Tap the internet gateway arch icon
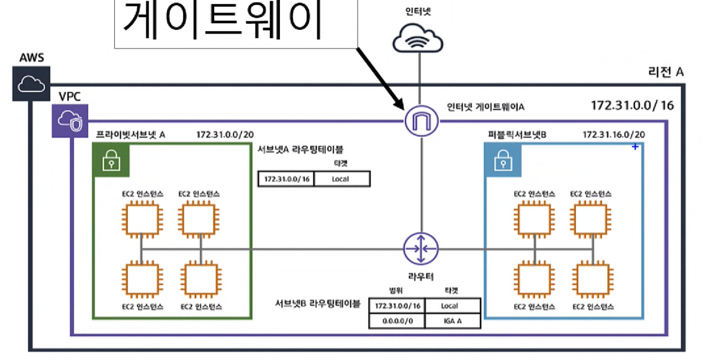[x=421, y=121]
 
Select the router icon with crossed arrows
[x=421, y=249]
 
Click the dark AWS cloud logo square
[x=31, y=84]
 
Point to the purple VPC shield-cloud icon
[x=70, y=121]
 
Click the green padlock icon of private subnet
[x=111, y=160]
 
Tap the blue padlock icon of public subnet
[x=503, y=160]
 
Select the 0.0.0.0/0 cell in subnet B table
[x=397, y=321]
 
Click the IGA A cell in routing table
[x=453, y=321]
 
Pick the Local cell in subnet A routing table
[x=341, y=179]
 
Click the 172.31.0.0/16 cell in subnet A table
[x=286, y=179]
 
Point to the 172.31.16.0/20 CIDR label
[x=614, y=135]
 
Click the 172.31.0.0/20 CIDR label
[x=225, y=135]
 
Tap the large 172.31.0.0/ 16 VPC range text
[x=632, y=106]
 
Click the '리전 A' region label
[x=666, y=72]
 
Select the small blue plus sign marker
[x=635, y=147]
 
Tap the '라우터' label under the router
[x=421, y=276]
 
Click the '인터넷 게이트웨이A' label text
[x=486, y=107]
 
